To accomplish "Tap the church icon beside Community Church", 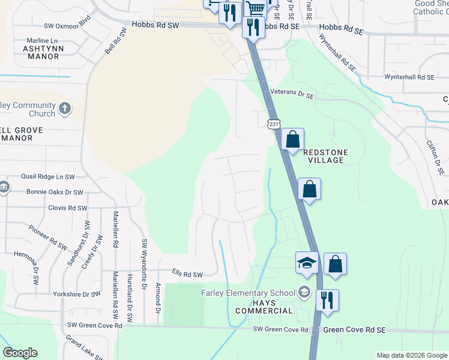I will pos(65,110).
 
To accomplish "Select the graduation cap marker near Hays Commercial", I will pos(306,263).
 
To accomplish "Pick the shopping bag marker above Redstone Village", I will pos(292,140).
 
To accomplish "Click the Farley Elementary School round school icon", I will pos(304,292).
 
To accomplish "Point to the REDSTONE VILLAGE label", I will pos(325,157).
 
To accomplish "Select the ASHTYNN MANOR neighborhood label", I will pos(41,52).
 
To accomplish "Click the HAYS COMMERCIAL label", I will pos(264,306).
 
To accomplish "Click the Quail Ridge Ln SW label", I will pos(48,177).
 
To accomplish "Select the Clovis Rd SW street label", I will pos(67,208).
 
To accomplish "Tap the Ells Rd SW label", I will pos(187,274).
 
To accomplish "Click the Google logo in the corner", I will pos(20,353).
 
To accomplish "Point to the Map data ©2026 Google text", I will pos(411,355).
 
